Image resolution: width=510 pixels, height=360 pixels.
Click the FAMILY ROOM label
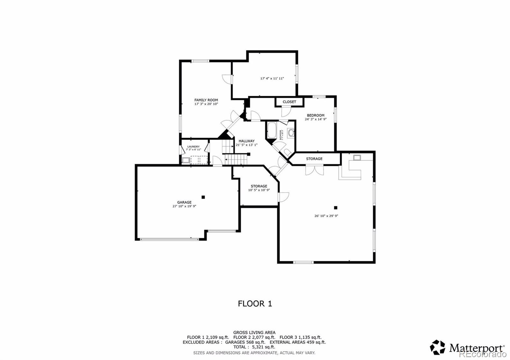[x=206, y=100]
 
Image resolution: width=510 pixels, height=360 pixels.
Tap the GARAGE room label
[x=184, y=202]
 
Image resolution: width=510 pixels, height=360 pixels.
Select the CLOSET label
[x=289, y=102]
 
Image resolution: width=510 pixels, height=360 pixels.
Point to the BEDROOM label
[x=316, y=115]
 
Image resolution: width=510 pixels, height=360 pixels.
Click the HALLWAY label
[x=247, y=141]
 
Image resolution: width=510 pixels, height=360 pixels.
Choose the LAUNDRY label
[x=193, y=147]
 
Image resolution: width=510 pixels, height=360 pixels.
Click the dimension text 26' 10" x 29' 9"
[x=326, y=216]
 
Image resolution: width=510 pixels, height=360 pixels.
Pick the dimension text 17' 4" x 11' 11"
[x=272, y=78]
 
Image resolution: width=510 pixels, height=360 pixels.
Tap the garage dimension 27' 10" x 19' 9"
[x=184, y=206]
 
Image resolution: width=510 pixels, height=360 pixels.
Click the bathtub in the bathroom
[x=272, y=130]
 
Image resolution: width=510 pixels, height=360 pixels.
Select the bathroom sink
[x=291, y=133]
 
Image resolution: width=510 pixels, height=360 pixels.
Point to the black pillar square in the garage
[x=203, y=197]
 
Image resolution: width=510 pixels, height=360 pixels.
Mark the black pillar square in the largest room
[x=335, y=208]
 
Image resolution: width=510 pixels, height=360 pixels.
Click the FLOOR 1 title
[x=255, y=304]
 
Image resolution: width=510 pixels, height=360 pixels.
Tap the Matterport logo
[x=467, y=348]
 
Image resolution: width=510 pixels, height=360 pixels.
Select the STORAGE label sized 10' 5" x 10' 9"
[x=259, y=186]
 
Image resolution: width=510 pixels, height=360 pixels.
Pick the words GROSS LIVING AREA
[x=254, y=333]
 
